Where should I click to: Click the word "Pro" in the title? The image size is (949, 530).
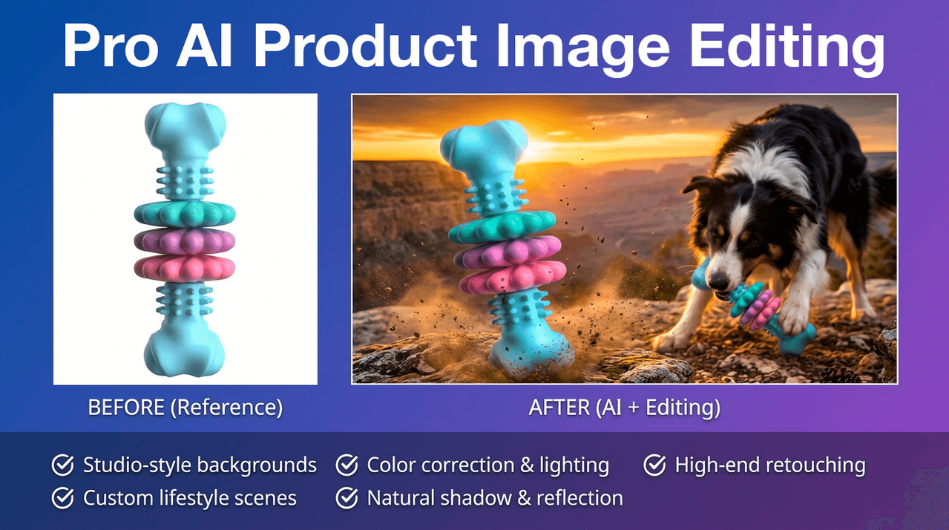point(111,46)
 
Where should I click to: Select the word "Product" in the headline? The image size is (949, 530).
point(365,46)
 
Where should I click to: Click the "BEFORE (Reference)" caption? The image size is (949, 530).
point(185,408)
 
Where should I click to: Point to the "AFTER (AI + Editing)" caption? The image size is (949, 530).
point(625,408)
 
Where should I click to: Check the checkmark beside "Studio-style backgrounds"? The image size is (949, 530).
point(63,465)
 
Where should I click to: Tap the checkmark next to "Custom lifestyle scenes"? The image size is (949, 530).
point(63,498)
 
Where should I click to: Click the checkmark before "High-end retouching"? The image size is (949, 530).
point(654,465)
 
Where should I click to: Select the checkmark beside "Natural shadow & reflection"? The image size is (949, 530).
point(347,498)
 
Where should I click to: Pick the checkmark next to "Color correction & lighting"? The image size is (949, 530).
point(347,465)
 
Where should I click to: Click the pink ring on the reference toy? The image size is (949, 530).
point(185,269)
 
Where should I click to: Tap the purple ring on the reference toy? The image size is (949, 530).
point(185,241)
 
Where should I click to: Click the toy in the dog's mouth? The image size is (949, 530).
point(755,306)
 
